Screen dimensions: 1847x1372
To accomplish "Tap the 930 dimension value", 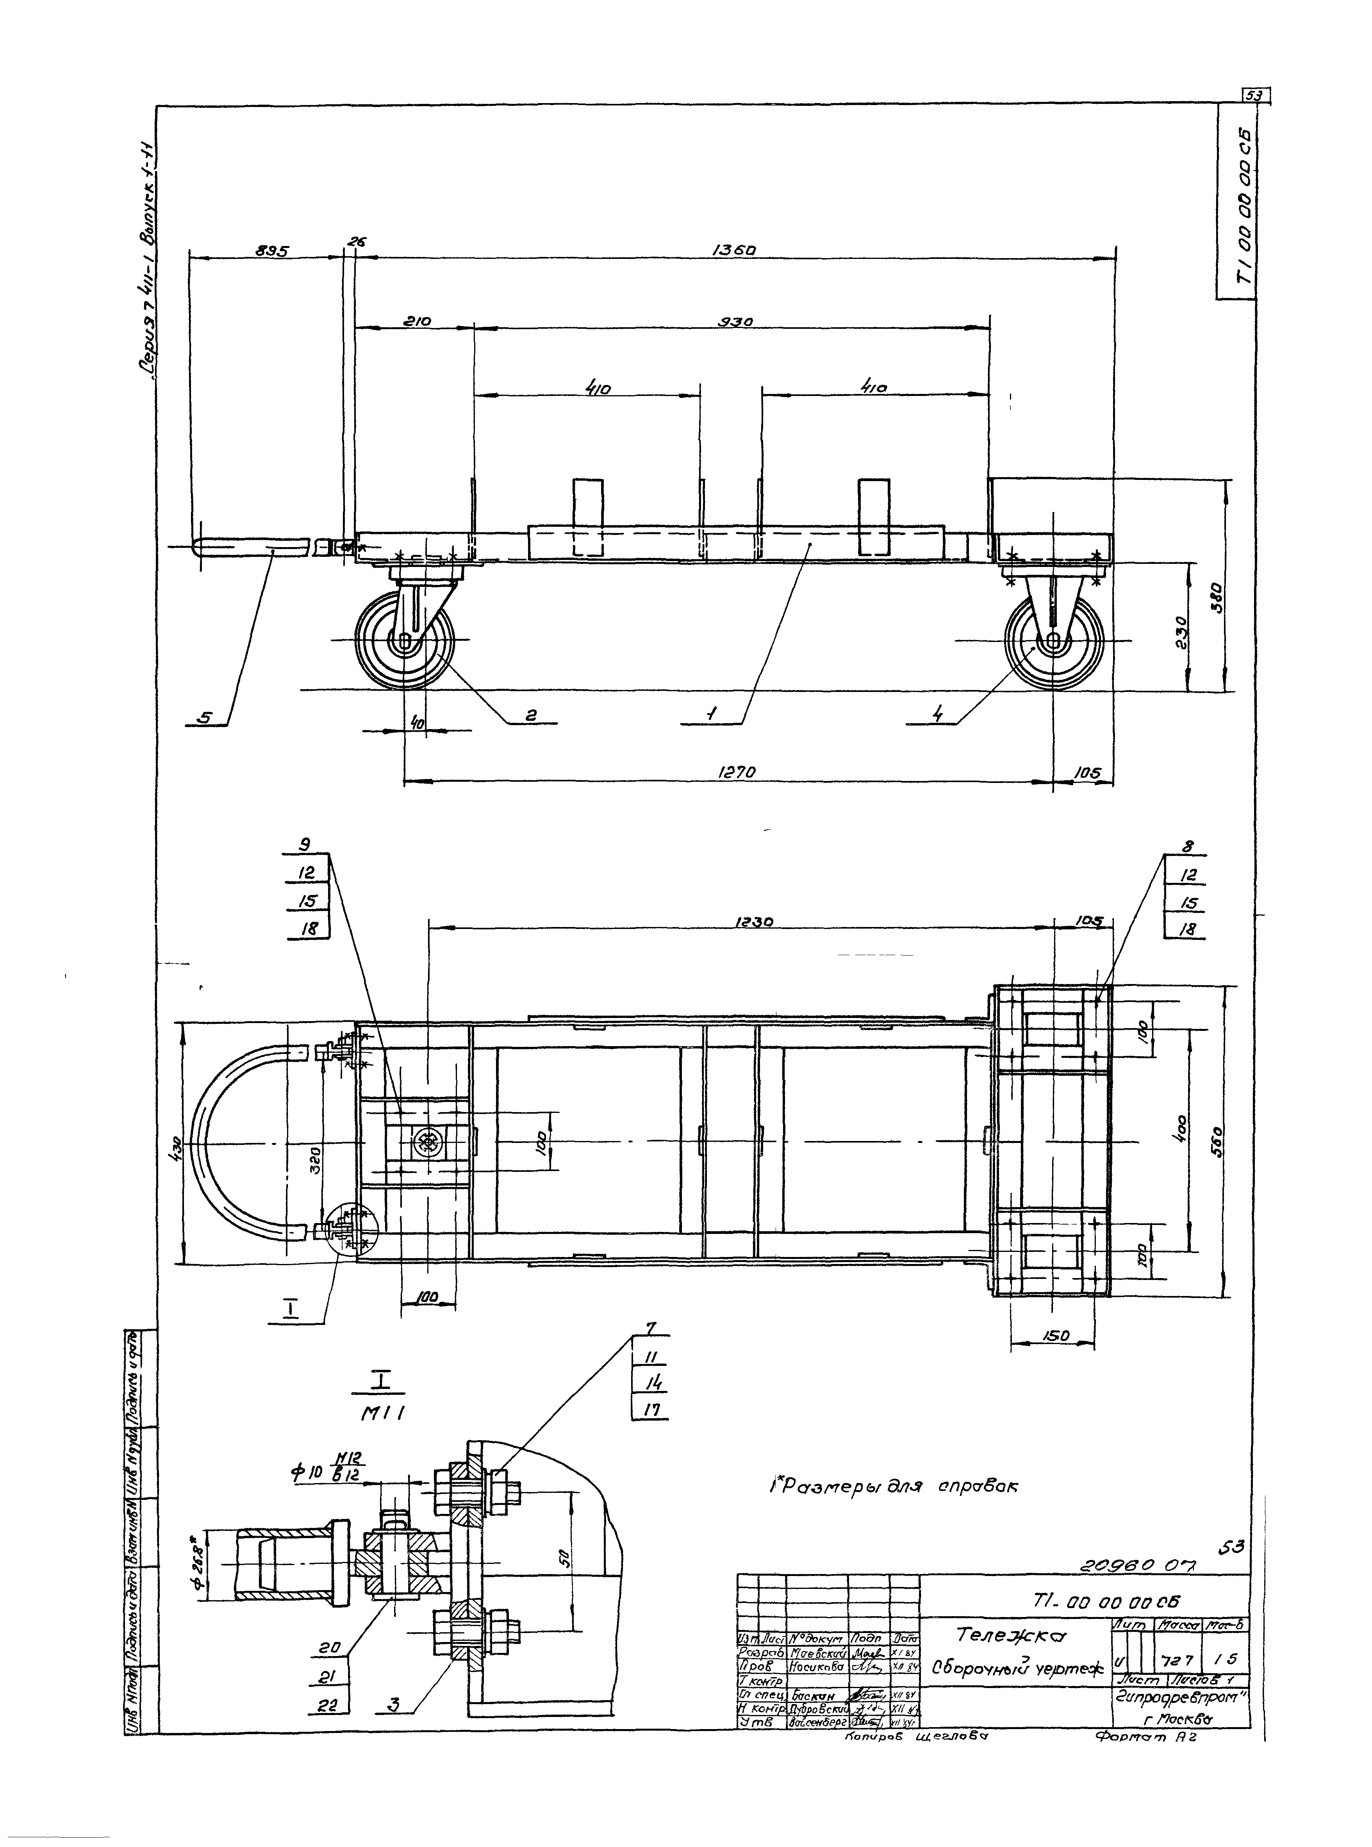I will tap(736, 321).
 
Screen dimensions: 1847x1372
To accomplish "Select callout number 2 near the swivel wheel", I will tap(532, 715).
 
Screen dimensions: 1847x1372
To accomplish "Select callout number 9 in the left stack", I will tap(306, 845).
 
